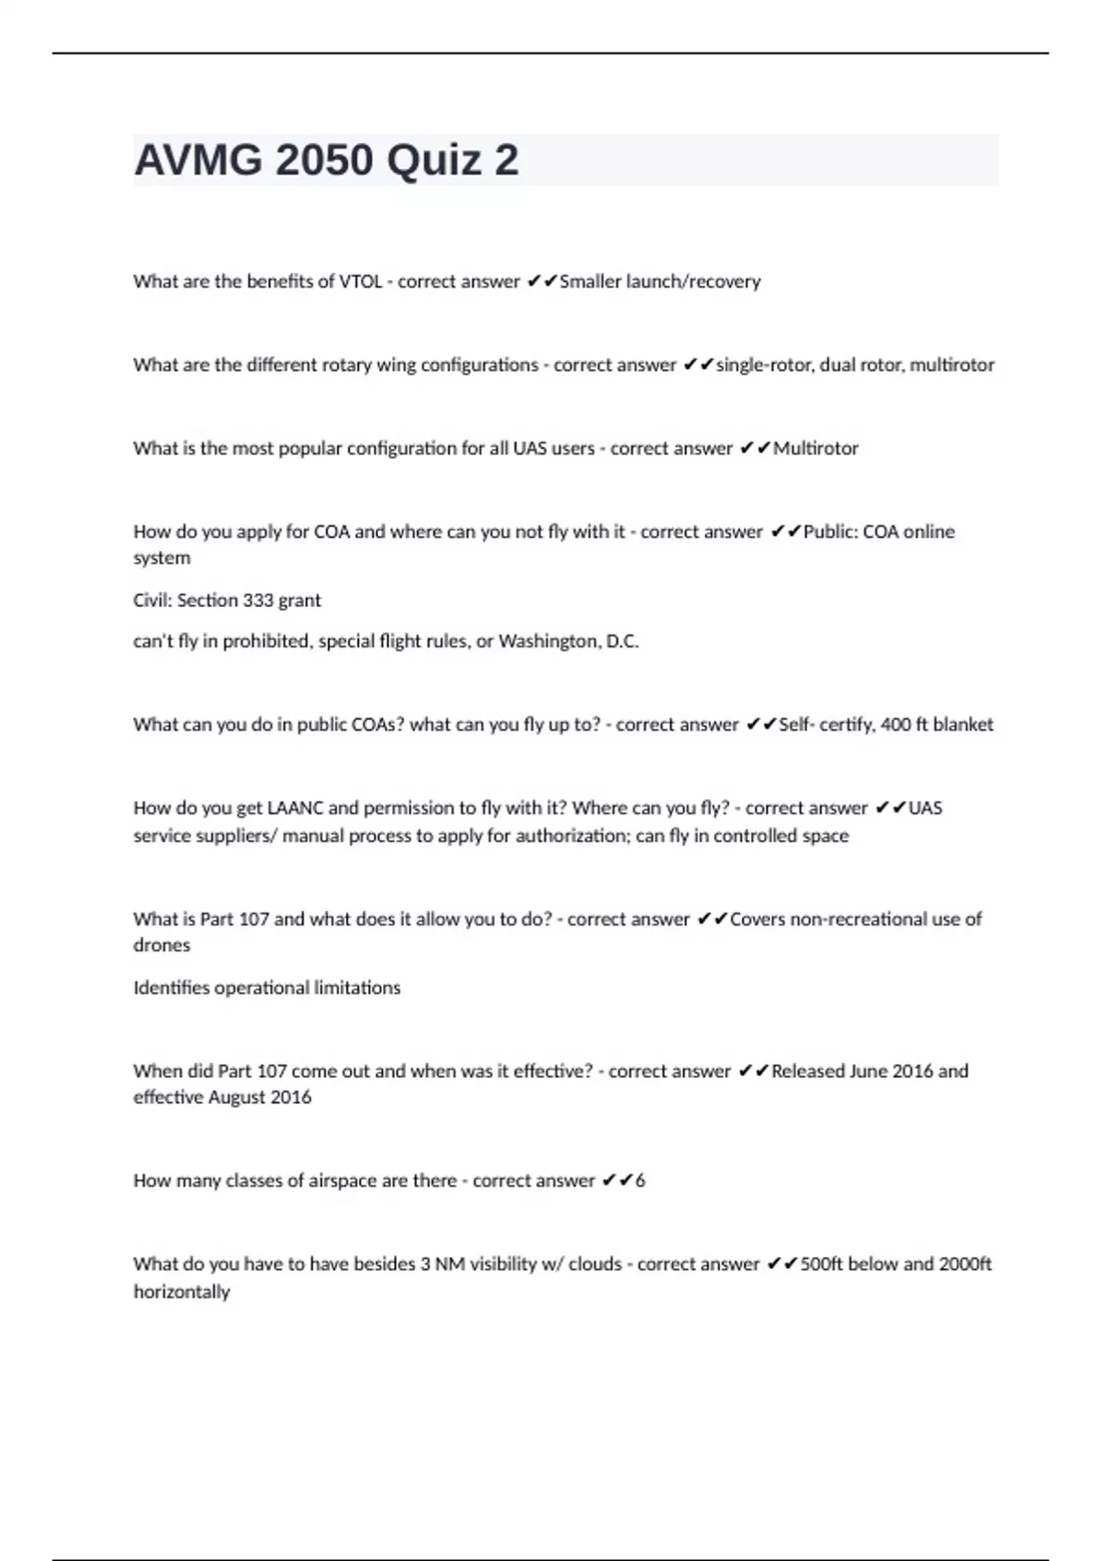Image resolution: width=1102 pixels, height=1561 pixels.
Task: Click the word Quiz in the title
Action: [x=433, y=161]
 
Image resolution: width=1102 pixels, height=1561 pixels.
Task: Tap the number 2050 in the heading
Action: [x=324, y=161]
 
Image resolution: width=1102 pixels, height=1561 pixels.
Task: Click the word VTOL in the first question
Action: [x=361, y=282]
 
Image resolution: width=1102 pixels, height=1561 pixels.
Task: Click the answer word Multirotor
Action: [x=815, y=449]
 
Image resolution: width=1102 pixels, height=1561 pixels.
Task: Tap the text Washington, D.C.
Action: [x=568, y=642]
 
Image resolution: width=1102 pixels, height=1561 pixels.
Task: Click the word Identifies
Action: [x=171, y=988]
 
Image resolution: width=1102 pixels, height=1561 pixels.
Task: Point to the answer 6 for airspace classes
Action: [x=640, y=1181]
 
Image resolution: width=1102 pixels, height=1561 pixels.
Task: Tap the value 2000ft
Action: [x=965, y=1264]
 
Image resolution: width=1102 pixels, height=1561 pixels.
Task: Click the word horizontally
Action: [x=182, y=1292]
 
